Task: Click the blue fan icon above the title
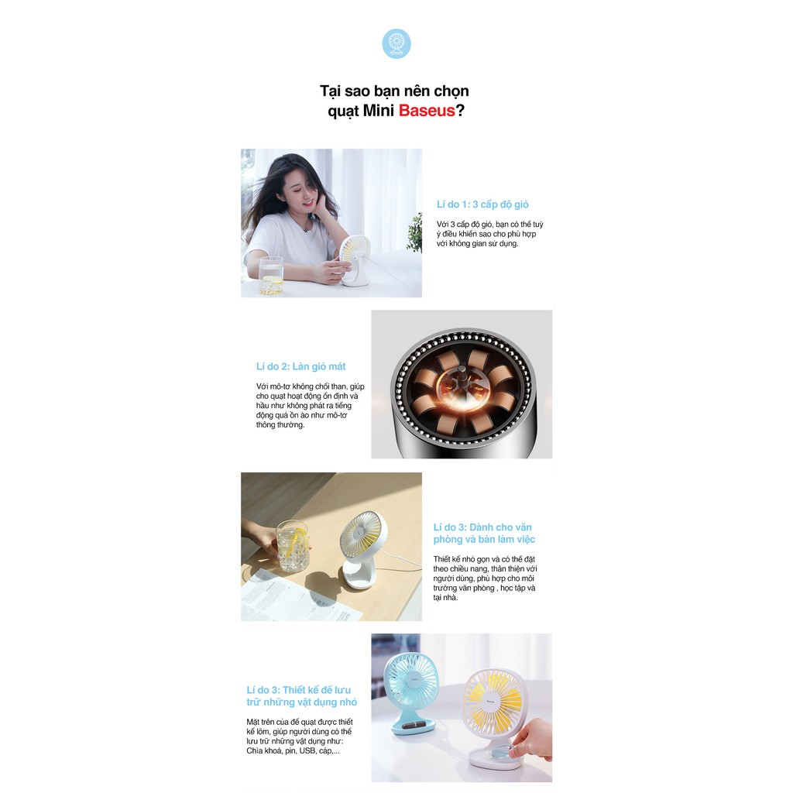coord(396,43)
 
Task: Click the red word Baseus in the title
coord(427,110)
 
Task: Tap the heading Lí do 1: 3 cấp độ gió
coord(482,204)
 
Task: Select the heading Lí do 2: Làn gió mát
coord(301,366)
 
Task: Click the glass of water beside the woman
coord(271,275)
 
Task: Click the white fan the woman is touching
coord(355,259)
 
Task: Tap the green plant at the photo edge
coord(415,233)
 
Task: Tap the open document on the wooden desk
coord(298,597)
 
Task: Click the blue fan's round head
coord(411,681)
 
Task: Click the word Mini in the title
coord(378,110)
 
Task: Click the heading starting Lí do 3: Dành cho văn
coord(484,533)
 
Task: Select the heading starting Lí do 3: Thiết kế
coord(301,696)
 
